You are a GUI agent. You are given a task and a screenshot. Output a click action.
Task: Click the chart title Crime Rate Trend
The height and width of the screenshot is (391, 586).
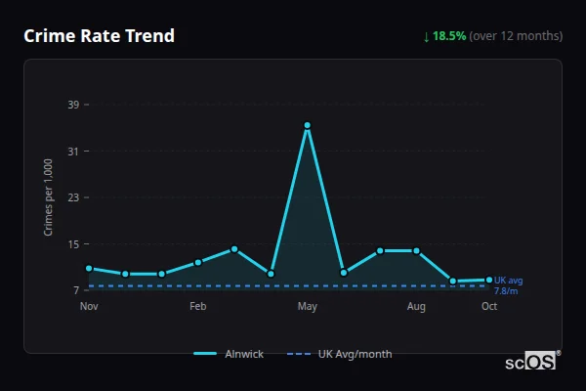coord(99,36)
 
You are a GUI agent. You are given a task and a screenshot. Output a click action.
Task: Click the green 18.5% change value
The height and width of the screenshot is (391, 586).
coord(449,36)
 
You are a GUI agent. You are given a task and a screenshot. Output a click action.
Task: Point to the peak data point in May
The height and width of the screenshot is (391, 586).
coord(307,125)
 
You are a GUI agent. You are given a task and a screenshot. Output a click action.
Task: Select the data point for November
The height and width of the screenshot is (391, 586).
coord(89,268)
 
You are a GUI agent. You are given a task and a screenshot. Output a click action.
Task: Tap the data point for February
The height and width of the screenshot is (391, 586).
coord(198,262)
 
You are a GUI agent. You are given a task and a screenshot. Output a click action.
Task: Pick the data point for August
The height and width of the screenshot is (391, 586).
coord(416,251)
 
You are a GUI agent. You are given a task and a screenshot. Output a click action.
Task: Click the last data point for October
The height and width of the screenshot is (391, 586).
coord(489,280)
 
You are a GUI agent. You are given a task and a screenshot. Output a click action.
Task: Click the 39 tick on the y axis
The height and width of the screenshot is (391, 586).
coord(72,105)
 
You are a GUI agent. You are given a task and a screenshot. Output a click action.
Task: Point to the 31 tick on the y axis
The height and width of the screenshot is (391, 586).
coord(72,152)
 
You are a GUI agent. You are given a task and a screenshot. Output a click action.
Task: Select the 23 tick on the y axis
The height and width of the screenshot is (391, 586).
coord(72,197)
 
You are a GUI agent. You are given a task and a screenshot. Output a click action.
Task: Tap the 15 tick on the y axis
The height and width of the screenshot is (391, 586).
coord(72,244)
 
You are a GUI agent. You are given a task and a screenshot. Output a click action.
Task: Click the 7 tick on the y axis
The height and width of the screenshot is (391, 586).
coord(75,290)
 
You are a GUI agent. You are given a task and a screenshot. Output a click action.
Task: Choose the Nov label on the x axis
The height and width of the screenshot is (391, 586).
coord(89,307)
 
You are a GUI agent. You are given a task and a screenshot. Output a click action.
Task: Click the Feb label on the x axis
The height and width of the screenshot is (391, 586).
coord(198,307)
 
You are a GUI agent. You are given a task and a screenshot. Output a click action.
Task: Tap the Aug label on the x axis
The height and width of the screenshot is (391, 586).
coord(416,307)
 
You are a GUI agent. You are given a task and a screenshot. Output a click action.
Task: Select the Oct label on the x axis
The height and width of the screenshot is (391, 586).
coord(489,307)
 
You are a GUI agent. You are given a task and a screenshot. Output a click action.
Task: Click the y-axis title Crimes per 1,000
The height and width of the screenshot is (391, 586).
coord(49,196)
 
